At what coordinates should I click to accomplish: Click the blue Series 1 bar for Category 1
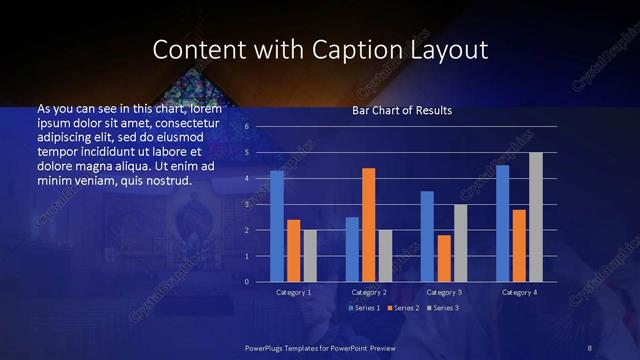pos(277,226)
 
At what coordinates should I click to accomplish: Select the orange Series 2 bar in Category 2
pos(369,225)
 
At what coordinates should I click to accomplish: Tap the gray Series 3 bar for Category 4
pos(535,217)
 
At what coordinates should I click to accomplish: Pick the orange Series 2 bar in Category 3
pos(444,258)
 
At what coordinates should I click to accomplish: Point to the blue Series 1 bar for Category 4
pos(502,223)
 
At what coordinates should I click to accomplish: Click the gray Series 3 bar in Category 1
pos(310,256)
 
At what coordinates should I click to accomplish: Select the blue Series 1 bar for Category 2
pos(352,249)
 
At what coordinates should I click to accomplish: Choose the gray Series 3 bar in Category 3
pos(460,243)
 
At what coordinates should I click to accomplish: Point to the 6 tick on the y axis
pos(246,127)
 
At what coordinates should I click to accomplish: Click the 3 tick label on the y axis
pos(246,204)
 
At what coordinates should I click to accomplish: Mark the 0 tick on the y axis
pos(246,282)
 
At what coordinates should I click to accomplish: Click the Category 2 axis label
pos(369,292)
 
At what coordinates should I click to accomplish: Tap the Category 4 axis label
pos(518,292)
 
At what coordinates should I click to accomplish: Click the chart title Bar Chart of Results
pos(402,110)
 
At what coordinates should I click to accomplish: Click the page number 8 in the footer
pos(589,347)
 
